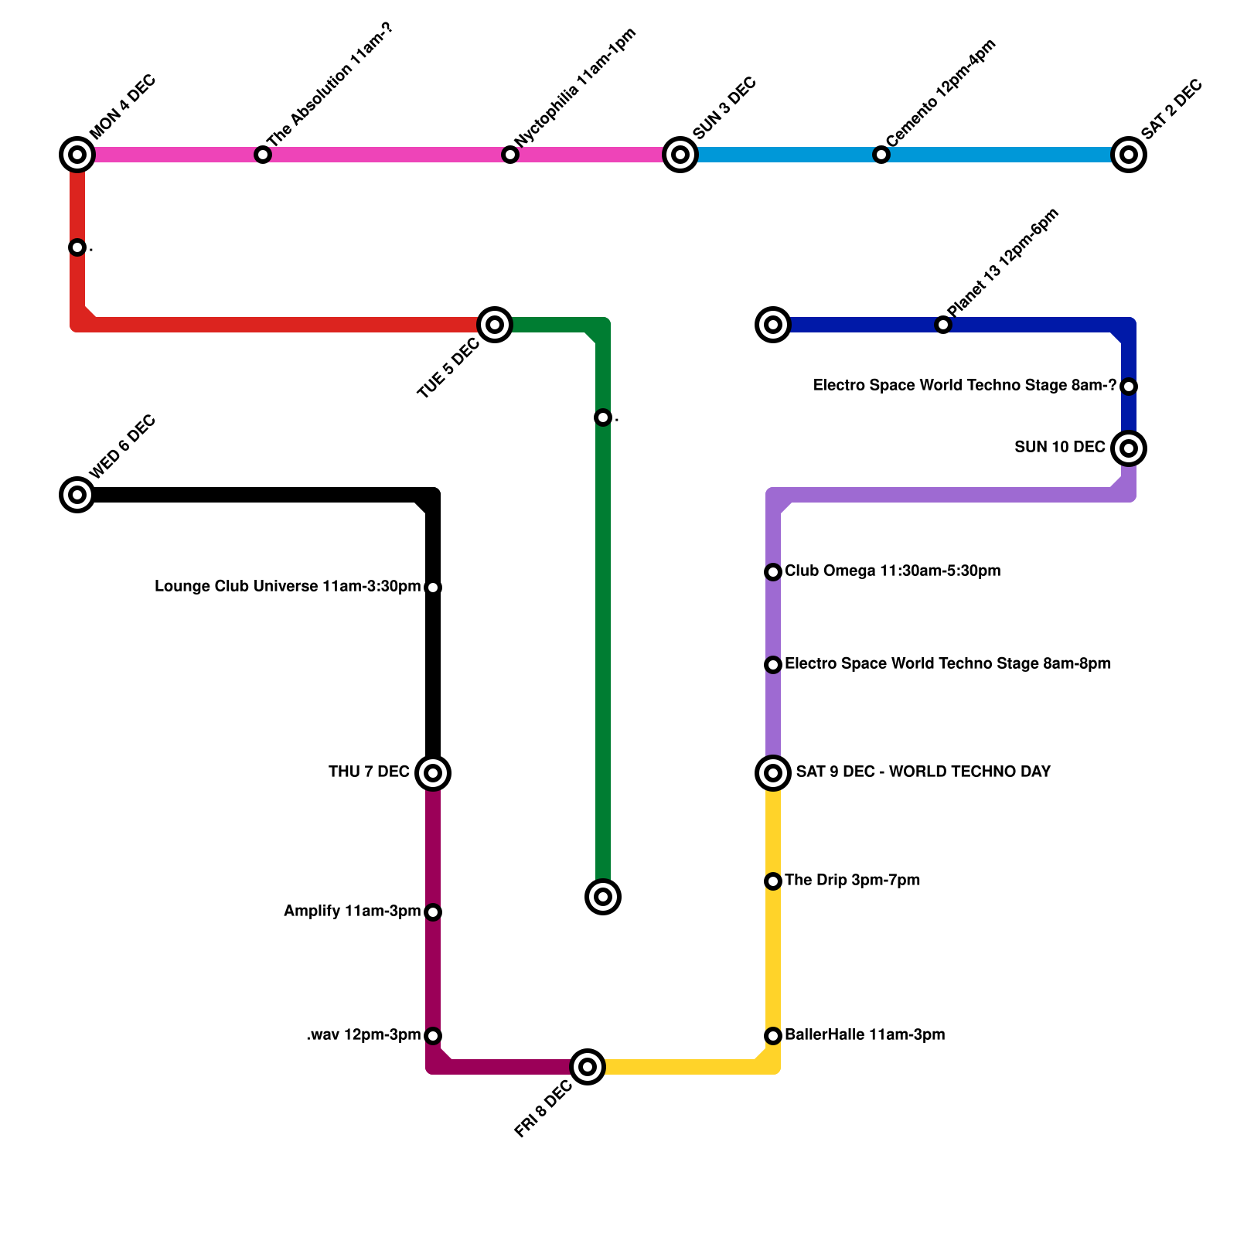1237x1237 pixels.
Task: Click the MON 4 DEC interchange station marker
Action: [77, 155]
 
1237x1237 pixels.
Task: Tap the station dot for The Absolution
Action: [263, 155]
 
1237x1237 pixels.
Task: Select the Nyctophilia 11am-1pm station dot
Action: [509, 155]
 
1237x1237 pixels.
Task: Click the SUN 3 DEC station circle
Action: [680, 155]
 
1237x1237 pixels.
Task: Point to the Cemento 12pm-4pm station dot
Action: [881, 155]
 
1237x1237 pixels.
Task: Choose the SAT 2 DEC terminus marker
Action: [1128, 155]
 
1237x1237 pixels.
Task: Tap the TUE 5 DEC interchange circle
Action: [495, 325]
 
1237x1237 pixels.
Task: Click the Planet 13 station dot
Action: [942, 325]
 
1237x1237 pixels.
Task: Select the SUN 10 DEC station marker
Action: [1128, 448]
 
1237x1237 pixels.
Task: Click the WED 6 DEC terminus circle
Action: [77, 495]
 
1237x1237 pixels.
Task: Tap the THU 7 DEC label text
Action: [369, 772]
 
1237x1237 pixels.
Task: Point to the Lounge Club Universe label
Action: [288, 587]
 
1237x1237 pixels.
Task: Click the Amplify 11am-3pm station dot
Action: [433, 912]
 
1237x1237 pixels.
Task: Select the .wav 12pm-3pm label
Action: [363, 1035]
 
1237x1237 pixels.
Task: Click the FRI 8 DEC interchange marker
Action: [588, 1067]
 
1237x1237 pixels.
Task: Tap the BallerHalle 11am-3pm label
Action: [864, 1035]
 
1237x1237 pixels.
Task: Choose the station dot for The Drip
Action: [773, 881]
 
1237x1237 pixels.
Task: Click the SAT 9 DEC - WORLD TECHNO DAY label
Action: [923, 772]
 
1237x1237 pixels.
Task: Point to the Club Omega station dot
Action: [773, 572]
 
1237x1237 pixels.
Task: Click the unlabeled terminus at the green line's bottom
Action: [603, 897]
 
